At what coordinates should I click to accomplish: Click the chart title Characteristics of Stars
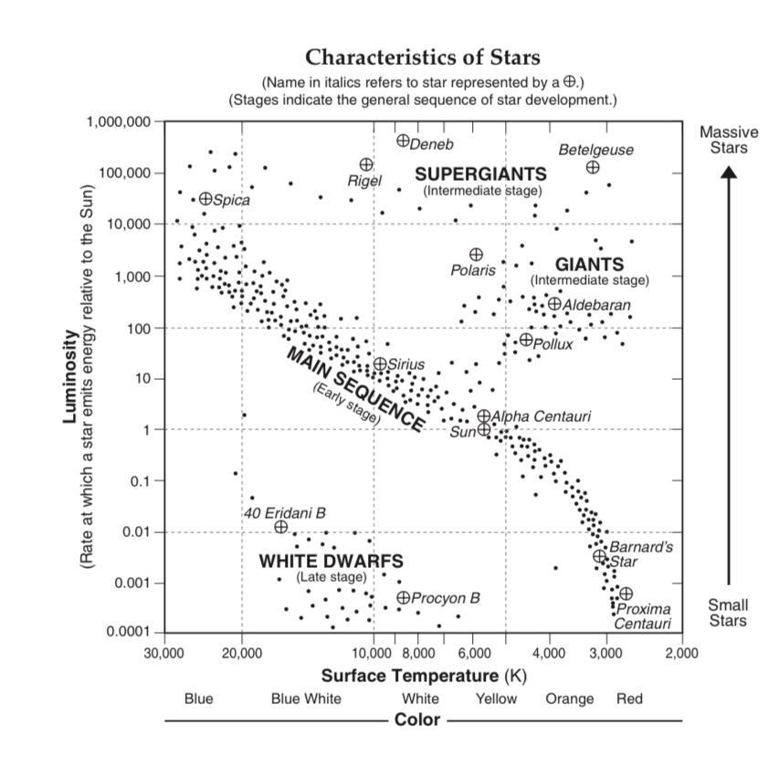click(422, 58)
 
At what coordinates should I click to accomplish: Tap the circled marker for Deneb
click(403, 141)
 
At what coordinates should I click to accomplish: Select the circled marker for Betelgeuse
click(593, 167)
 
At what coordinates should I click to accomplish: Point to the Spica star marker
click(205, 198)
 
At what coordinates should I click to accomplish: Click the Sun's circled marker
click(484, 429)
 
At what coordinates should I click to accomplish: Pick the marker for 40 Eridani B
click(281, 527)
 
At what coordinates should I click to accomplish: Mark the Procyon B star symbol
click(404, 597)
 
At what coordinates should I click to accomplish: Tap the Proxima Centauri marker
click(626, 594)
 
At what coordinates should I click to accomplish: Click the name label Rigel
click(364, 182)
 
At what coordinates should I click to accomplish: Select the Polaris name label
click(473, 270)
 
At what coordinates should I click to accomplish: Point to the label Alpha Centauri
click(542, 416)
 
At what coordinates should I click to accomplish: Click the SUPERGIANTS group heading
click(481, 173)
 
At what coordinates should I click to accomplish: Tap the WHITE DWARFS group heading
click(331, 561)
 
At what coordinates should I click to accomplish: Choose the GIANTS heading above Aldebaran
click(589, 265)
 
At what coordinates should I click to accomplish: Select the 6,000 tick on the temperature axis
click(475, 654)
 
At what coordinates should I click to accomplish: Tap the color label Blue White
click(306, 699)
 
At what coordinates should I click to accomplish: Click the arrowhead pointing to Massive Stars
click(729, 173)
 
